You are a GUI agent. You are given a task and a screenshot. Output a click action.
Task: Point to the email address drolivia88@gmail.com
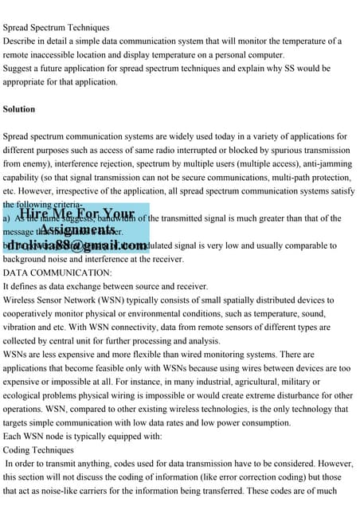[79, 245]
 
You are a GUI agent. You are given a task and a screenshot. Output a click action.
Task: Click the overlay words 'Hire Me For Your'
[76, 214]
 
